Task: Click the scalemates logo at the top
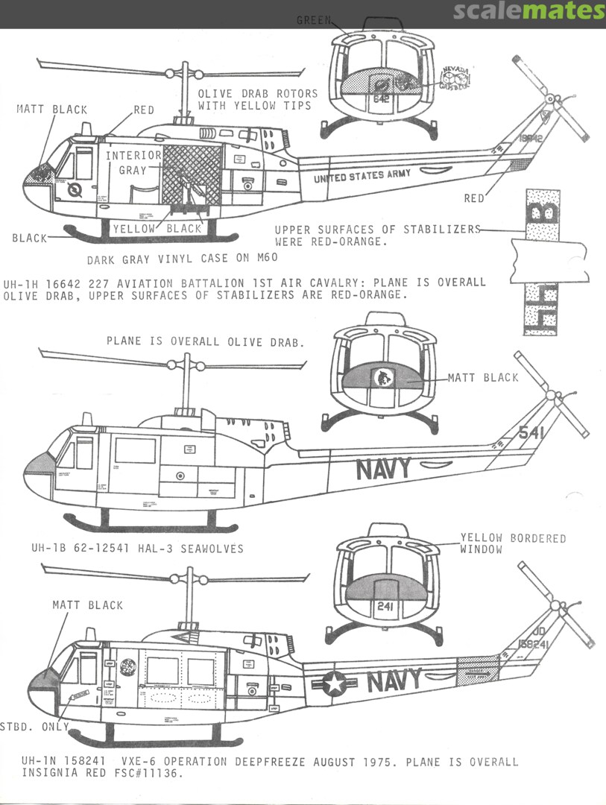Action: click(x=529, y=11)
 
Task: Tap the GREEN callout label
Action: click(x=313, y=20)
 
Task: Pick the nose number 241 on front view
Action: click(x=385, y=607)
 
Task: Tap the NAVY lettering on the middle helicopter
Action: click(x=383, y=469)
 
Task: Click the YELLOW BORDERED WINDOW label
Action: click(x=513, y=543)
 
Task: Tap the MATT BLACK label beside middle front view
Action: click(x=482, y=378)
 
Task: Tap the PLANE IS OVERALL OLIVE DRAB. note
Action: click(x=205, y=342)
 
